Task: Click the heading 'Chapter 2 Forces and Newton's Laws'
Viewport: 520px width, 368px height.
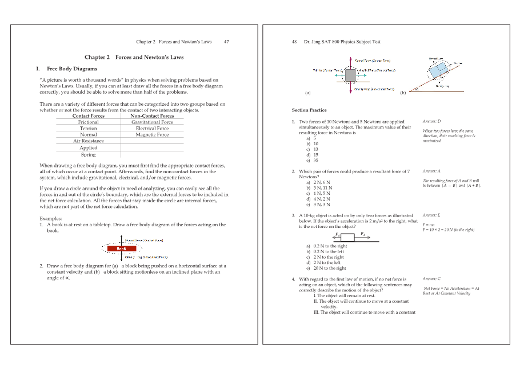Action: [134, 57]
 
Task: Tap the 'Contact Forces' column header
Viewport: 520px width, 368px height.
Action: [89, 115]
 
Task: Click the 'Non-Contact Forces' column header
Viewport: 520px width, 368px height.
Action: [152, 115]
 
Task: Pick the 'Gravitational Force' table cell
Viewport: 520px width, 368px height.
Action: [152, 122]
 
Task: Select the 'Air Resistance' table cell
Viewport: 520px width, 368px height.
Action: [89, 141]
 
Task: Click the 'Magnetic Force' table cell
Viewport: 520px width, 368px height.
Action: [152, 135]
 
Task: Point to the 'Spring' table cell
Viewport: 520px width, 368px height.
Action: [89, 155]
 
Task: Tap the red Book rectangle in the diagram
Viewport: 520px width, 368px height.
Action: [122, 249]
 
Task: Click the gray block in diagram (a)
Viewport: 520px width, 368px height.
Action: [350, 75]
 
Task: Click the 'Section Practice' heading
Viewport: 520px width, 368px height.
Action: [309, 110]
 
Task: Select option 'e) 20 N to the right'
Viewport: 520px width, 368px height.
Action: [326, 268]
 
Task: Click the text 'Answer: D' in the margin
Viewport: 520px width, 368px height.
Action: [431, 122]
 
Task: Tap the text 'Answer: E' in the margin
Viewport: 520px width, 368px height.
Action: [431, 215]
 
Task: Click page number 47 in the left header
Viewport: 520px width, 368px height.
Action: [226, 42]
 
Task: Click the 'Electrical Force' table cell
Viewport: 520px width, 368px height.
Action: [152, 129]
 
